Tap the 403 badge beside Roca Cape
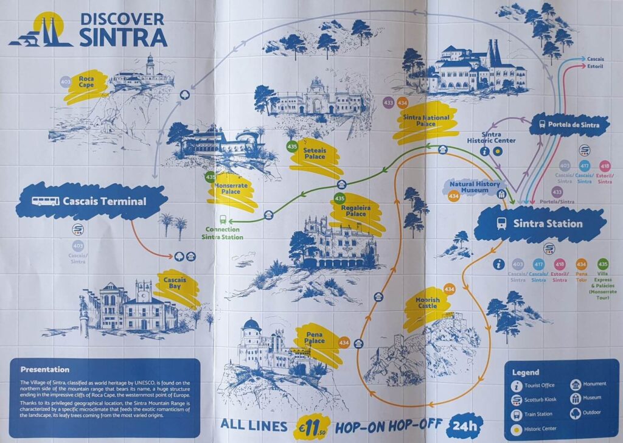click(66, 82)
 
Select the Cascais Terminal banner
click(91, 201)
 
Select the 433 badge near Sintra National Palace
click(389, 103)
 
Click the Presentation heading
click(45, 369)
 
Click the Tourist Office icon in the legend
click(517, 386)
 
